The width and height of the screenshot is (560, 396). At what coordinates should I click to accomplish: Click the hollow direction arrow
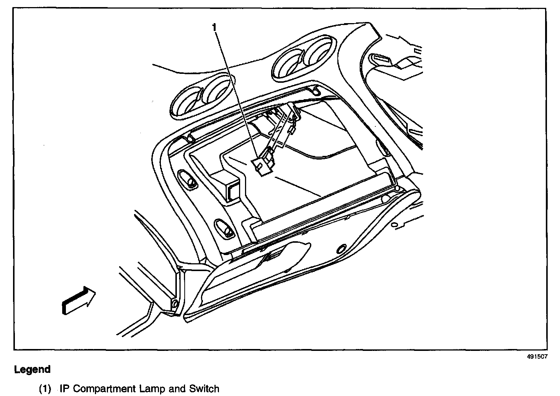(x=79, y=301)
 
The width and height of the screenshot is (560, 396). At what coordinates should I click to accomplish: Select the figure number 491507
(x=537, y=356)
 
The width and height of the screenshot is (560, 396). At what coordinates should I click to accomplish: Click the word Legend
(x=32, y=370)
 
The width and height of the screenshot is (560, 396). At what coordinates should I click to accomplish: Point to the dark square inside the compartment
(x=233, y=191)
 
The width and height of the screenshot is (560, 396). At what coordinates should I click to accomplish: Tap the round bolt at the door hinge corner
(x=174, y=304)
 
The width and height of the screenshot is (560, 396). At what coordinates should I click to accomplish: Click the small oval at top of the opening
(x=315, y=90)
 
